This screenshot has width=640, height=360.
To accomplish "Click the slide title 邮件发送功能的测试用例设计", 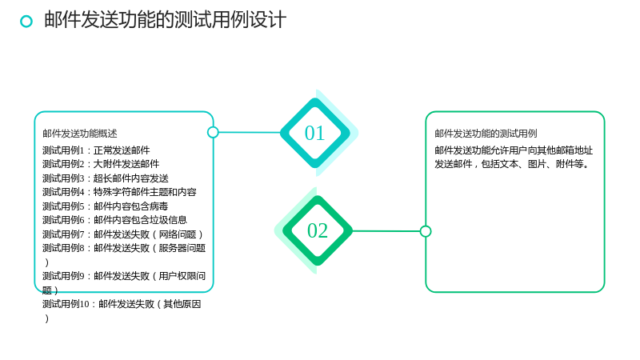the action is point(166,19).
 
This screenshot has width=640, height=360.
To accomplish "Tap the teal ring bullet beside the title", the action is point(26,22).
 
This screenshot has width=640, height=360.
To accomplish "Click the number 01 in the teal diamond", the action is point(314,133).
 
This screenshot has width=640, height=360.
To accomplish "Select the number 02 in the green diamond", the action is point(318,230).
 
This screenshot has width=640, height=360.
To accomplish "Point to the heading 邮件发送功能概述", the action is point(79,134).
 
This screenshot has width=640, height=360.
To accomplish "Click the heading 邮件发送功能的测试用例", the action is point(486,134).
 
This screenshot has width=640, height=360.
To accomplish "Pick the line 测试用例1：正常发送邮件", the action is point(96,150).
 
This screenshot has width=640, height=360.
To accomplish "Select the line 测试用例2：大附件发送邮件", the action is point(101,164).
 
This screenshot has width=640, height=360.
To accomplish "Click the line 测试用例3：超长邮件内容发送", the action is point(106,178).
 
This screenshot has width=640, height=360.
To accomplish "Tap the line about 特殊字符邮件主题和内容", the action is point(119,192).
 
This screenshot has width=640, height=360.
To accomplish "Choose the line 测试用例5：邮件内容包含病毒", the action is point(106,206).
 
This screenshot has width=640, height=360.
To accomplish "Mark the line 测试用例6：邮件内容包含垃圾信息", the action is point(114,220).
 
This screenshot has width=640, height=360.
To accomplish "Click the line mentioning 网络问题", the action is point(122,234).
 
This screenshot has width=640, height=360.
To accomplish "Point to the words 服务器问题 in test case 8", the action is point(182,248).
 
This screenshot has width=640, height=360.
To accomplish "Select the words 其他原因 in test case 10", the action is point(182,304).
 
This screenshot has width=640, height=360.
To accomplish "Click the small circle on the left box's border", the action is point(213,132).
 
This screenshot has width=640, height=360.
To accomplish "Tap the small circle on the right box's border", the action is point(426,231).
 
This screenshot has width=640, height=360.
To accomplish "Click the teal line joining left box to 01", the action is point(250,132).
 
